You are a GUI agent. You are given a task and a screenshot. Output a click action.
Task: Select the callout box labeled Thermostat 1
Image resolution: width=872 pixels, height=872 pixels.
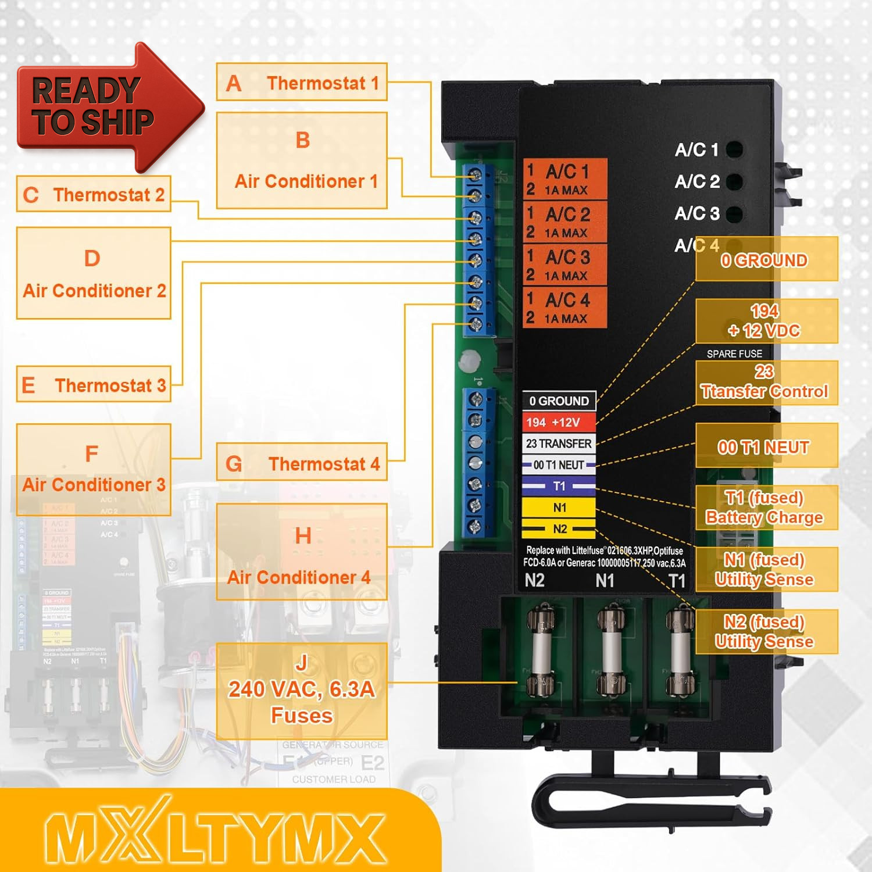302,83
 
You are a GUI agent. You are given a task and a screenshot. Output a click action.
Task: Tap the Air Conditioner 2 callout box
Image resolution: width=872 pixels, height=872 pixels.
94,273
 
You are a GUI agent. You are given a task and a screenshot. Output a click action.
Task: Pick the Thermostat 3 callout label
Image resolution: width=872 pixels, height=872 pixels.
94,384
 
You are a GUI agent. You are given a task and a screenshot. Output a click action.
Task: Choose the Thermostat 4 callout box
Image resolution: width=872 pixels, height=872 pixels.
302,463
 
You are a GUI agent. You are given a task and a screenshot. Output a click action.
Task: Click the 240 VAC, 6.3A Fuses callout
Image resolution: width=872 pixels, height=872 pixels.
302,691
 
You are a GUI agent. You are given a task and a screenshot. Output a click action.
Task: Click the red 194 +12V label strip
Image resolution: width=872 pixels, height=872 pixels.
559,422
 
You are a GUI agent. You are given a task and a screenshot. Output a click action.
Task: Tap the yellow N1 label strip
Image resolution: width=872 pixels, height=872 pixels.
559,508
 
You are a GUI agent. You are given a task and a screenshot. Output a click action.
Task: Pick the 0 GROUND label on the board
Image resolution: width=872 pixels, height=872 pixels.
559,401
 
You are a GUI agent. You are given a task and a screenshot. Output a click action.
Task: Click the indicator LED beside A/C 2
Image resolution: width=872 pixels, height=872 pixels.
734,181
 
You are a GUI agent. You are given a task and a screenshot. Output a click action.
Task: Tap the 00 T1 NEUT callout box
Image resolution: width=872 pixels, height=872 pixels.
766,446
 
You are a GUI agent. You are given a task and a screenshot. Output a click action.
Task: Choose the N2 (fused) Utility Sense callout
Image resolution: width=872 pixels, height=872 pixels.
766,631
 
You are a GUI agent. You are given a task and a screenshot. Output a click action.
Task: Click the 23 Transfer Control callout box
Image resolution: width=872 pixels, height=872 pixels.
766,382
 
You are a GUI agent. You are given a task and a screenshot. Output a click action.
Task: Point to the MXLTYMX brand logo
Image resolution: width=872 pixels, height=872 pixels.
215,837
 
